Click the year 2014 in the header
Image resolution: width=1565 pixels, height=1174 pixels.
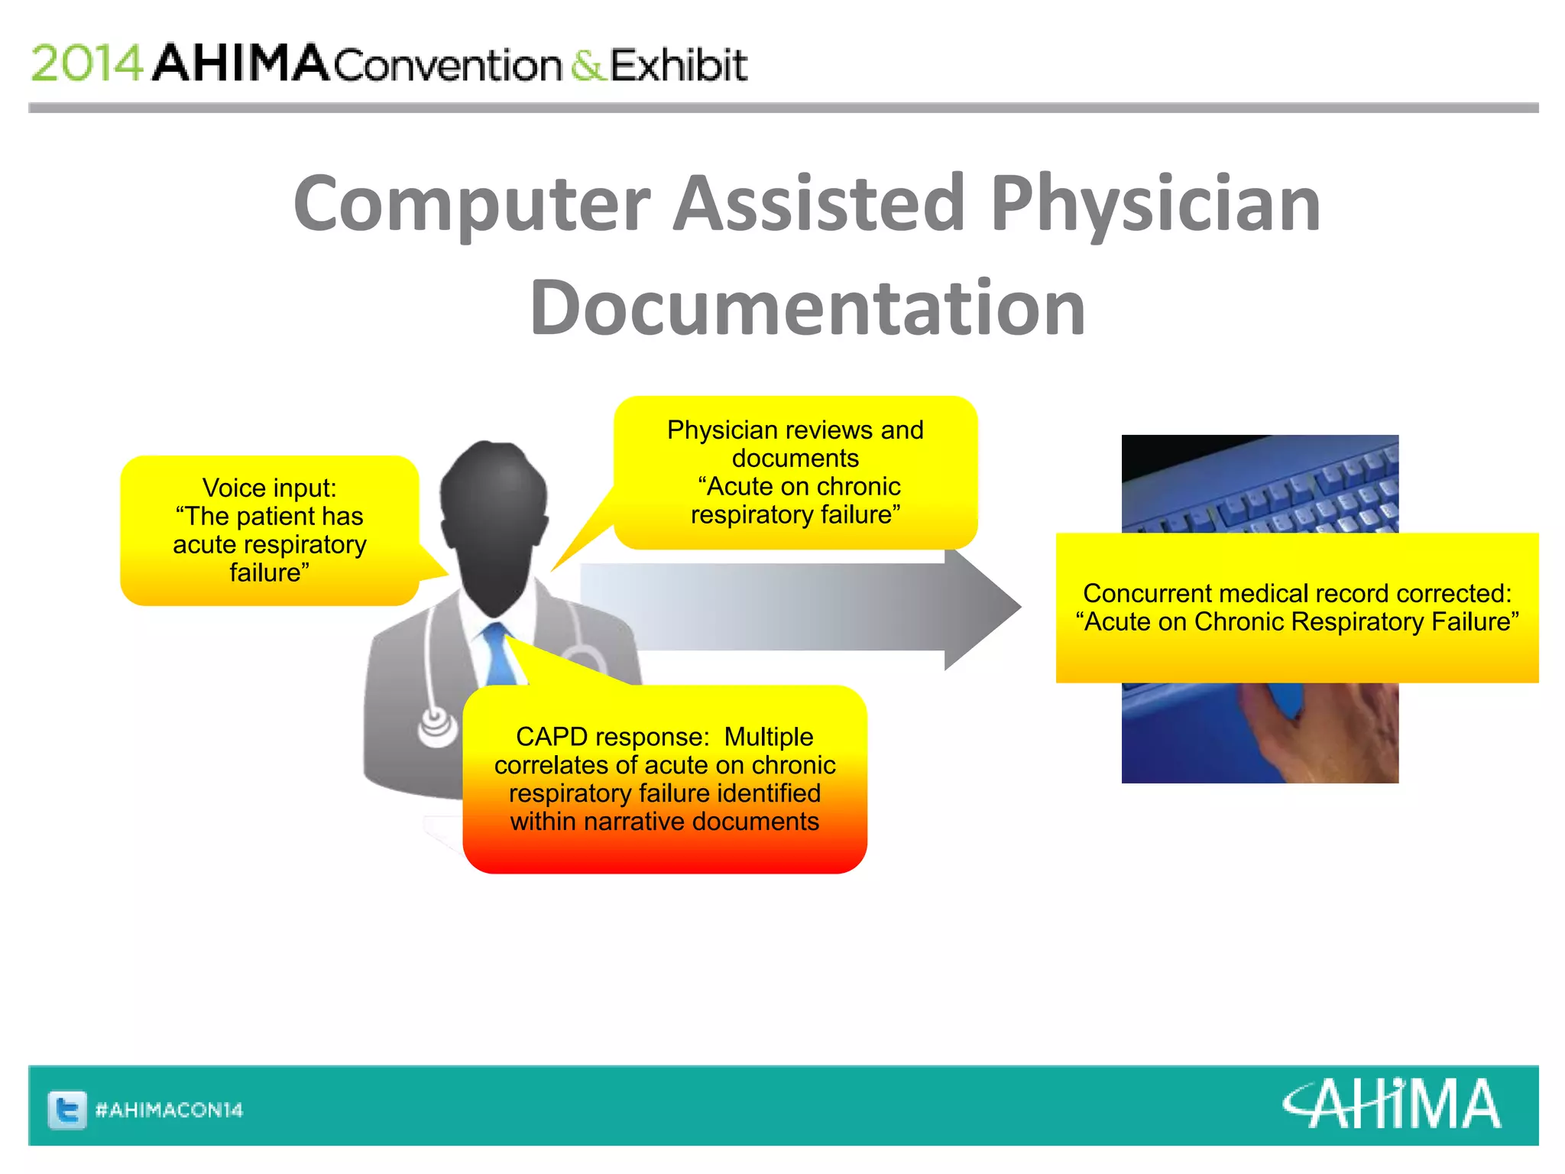pyautogui.click(x=86, y=63)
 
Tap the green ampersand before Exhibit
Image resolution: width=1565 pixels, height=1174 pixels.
pyautogui.click(x=587, y=65)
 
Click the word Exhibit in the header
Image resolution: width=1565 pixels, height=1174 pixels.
pyautogui.click(x=679, y=65)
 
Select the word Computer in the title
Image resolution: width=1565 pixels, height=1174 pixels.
pyautogui.click(x=471, y=204)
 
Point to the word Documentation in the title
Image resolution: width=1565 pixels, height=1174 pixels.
pyautogui.click(x=807, y=308)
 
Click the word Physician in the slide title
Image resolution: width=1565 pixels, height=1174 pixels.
pyautogui.click(x=1155, y=204)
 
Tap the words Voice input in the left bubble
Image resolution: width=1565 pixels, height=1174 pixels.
pyautogui.click(x=269, y=488)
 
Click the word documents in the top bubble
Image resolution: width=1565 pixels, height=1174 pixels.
pyautogui.click(x=795, y=459)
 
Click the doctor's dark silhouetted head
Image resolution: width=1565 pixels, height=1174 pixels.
pyautogui.click(x=494, y=520)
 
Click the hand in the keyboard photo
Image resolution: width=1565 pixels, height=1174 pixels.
pyautogui.click(x=1330, y=734)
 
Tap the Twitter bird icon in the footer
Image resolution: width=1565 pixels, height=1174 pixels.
pyautogui.click(x=67, y=1109)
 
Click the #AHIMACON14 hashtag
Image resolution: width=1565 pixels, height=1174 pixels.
pyautogui.click(x=169, y=1110)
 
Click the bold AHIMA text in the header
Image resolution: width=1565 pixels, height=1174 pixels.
pyautogui.click(x=241, y=63)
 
